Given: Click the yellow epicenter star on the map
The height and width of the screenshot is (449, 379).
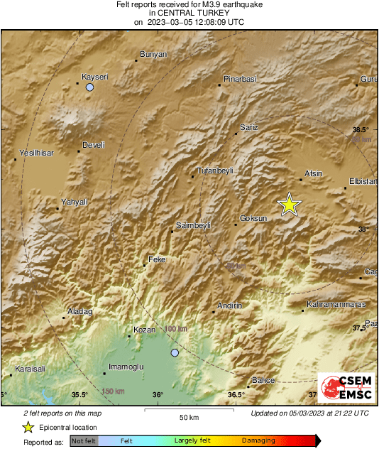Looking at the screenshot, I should click(289, 205).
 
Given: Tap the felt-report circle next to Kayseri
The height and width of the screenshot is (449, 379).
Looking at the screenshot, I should click(89, 87).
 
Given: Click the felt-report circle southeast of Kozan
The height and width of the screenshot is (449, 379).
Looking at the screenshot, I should click(175, 352).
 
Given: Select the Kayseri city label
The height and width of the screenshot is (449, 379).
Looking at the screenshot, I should click(94, 76).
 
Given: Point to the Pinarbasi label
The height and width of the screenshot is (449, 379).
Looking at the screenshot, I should click(238, 77).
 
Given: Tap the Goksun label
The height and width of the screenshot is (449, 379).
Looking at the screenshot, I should click(253, 218).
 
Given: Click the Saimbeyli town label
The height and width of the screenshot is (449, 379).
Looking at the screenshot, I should click(193, 225).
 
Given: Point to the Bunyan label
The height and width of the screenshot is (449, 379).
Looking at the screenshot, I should click(153, 54).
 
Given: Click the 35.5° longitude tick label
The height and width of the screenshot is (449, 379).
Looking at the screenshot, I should click(79, 395).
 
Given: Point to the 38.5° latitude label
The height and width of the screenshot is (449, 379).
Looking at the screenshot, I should click(361, 129).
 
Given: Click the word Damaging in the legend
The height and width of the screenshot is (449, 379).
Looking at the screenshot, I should click(259, 440).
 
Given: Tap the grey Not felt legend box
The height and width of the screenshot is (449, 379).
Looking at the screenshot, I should click(84, 440).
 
